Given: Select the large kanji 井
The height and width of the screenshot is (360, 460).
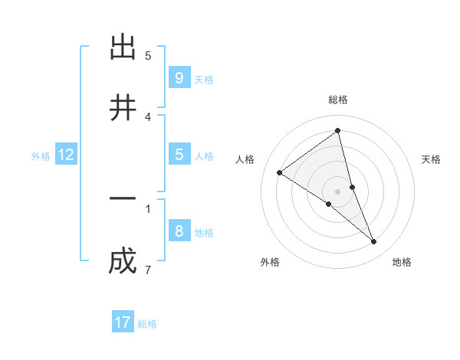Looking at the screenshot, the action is point(123,110).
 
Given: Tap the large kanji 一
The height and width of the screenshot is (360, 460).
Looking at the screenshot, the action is point(123,198).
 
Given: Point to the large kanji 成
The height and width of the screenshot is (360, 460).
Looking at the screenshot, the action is point(123,262).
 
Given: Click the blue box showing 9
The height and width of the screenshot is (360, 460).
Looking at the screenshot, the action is point(179,77).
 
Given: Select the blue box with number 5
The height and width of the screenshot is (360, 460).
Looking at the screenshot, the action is point(179,154).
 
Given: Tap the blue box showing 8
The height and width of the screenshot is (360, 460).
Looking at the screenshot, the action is point(179,231).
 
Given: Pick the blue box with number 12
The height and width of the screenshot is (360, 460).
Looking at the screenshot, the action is point(66,155).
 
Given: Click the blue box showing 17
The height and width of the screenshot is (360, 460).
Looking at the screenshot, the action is point(123,322).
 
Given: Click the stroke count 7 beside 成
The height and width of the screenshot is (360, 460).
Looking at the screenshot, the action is point(147,270).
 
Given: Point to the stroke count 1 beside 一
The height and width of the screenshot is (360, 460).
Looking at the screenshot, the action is point(147,208).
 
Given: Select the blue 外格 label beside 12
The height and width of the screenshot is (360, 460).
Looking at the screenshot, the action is point(41,156).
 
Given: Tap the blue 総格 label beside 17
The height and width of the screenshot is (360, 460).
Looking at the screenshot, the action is point(147,324).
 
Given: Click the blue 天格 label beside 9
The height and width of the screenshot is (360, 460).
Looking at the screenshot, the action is point(204,80).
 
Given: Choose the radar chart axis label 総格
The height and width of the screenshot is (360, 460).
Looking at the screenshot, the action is point(337,100).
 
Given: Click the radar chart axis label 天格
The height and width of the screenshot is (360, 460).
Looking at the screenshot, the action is point(432,159).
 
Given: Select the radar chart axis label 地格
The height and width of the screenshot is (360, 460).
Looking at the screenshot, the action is point(402,262).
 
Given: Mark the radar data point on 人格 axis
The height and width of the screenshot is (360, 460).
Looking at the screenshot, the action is point(280,172).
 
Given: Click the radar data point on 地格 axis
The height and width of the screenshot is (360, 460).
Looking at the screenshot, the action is point(374,241).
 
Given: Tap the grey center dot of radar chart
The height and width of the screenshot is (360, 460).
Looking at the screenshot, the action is point(337,191).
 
